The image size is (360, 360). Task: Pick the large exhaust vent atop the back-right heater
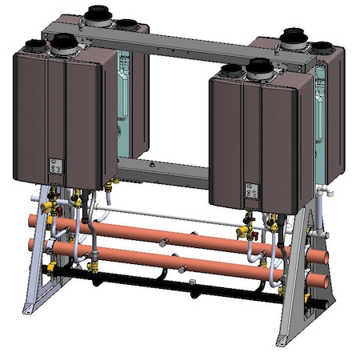[x=293, y=35]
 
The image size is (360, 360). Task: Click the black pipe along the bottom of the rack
[x=160, y=282]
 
